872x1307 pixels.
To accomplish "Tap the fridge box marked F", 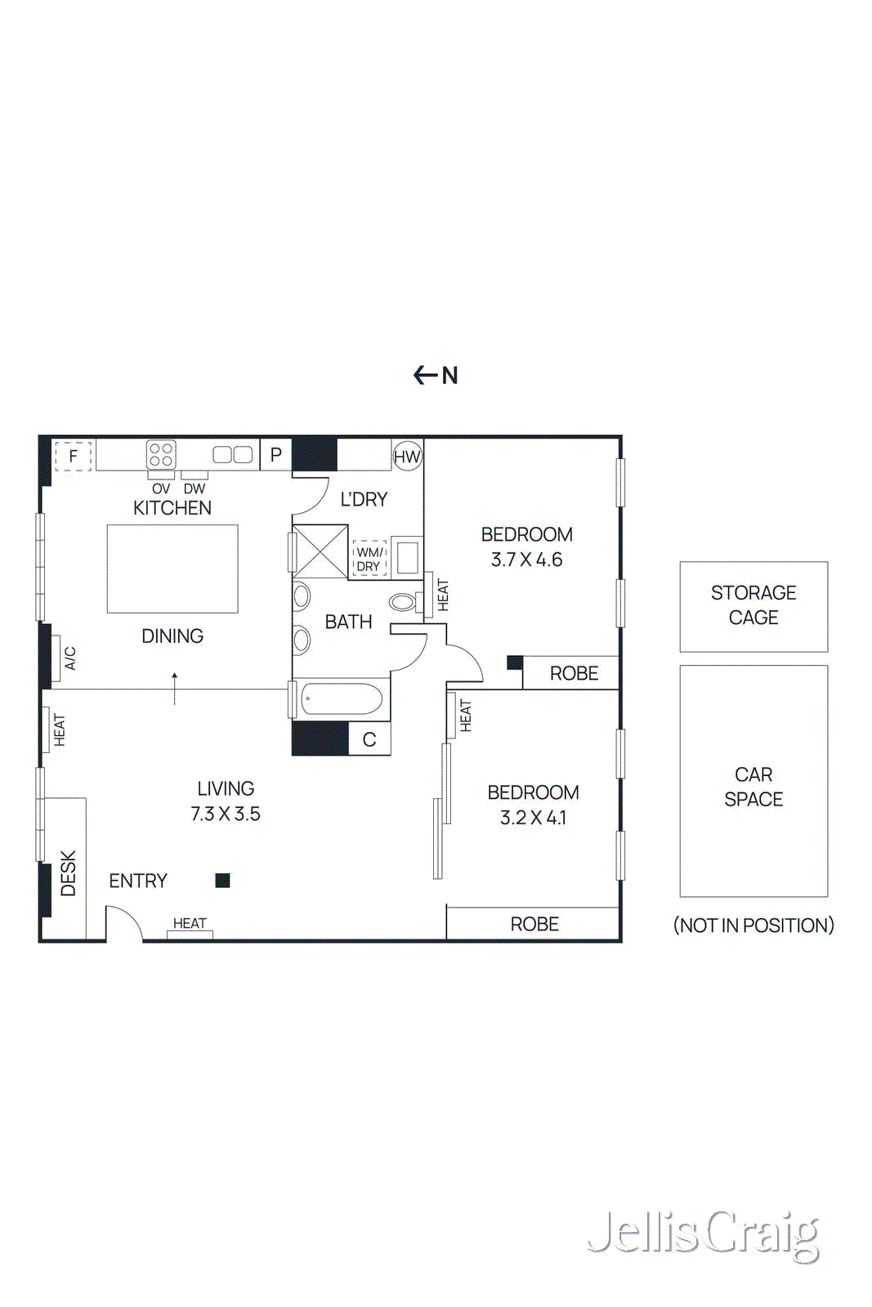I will tap(73, 456).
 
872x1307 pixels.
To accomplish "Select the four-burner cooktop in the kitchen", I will tap(161, 454).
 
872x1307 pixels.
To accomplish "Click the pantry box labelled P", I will tap(276, 455).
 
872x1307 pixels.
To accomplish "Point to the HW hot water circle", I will tap(407, 457).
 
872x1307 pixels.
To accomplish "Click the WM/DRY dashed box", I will tap(369, 559).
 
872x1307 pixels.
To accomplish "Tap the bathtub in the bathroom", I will tap(342, 699).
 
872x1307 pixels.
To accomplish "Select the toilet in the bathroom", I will tap(404, 603).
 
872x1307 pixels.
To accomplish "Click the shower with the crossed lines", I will tap(320, 551).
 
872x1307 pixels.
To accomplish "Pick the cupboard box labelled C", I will tap(369, 739).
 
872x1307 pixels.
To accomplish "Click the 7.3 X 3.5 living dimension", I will tap(226, 814).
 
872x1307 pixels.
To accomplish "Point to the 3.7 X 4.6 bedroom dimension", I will tap(526, 560).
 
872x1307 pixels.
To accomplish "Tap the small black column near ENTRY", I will tap(222, 880).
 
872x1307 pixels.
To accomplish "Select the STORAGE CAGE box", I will tap(753, 606).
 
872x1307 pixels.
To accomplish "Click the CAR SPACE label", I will tap(753, 787).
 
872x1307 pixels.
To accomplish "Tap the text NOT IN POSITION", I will tap(753, 925).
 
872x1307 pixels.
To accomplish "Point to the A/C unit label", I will tap(70, 658).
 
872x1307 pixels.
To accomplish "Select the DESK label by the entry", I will tap(68, 872).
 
